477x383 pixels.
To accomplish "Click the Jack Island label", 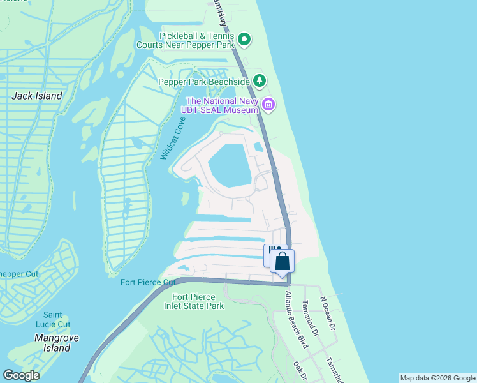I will click(x=38, y=96).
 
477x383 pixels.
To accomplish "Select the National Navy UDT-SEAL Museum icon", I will click(x=268, y=105).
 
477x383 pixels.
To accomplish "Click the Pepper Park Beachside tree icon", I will click(x=259, y=81).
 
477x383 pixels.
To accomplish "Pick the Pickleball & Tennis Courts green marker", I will click(x=244, y=40).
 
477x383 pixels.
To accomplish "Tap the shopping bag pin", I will click(x=282, y=262).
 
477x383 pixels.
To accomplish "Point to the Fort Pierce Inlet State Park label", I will click(x=198, y=301).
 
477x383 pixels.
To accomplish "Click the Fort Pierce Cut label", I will click(x=148, y=282).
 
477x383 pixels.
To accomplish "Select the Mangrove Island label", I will click(x=52, y=343).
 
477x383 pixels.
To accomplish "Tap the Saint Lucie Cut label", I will click(x=53, y=319).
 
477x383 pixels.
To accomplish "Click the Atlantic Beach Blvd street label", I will click(x=297, y=319).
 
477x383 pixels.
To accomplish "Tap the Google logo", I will click(x=21, y=375).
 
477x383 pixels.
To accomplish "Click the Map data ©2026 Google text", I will click(x=437, y=378).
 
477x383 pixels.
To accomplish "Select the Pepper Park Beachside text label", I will click(x=204, y=82).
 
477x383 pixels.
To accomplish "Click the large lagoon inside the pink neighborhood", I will click(x=228, y=165).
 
